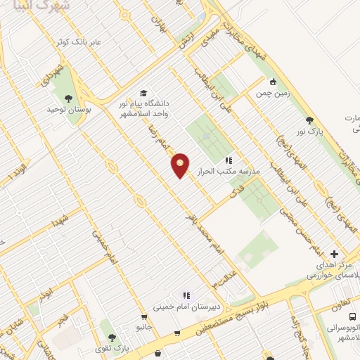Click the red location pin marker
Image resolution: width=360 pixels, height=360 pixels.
(x=181, y=165)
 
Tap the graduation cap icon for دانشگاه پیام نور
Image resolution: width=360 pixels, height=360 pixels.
(x=143, y=94)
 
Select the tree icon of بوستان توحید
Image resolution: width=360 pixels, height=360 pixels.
(x=68, y=98)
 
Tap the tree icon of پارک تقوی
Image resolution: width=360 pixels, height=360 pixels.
(x=108, y=326)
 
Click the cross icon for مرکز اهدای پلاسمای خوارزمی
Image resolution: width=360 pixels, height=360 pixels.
(x=334, y=254)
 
